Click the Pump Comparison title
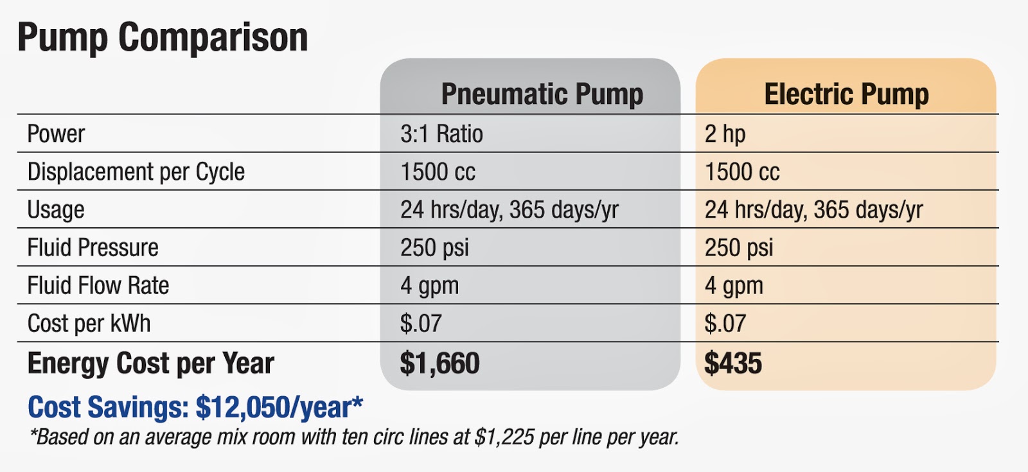163,37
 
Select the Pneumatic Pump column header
542,94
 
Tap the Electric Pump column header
846,94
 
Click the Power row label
56,134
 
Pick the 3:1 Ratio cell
441,134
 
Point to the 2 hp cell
725,134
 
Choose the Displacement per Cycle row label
136,171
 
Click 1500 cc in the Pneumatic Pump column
438,171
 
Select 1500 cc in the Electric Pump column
742,171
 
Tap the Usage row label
56,209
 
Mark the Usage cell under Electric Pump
813,209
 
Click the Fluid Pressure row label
93,247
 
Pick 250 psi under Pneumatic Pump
434,247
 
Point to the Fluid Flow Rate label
98,285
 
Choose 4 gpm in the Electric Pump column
734,285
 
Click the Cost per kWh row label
89,323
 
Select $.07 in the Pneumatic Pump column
421,323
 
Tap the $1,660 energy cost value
439,363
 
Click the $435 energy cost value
733,363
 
